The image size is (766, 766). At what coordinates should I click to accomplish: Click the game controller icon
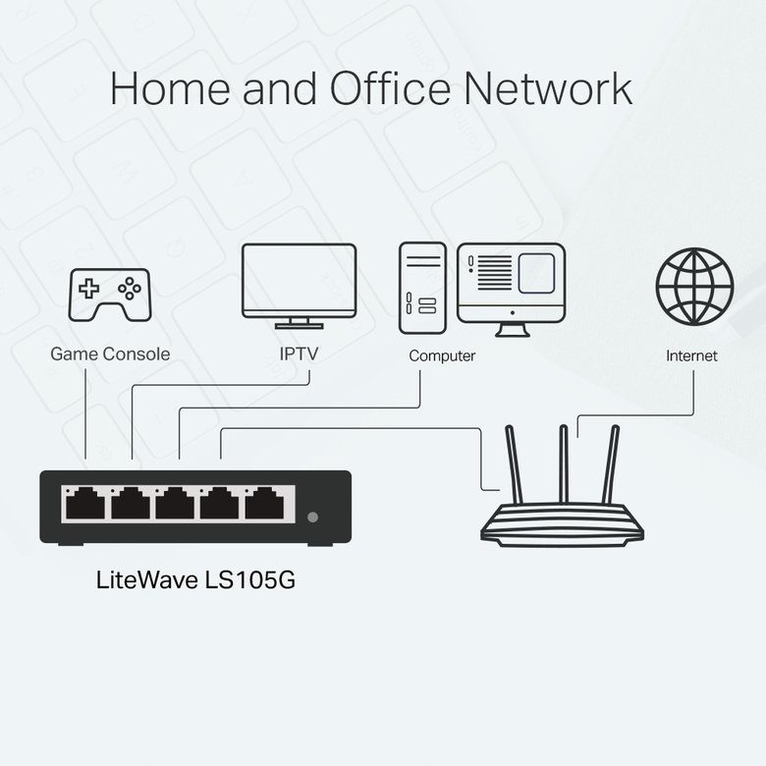point(109,292)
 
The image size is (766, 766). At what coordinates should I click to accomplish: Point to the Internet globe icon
point(694,285)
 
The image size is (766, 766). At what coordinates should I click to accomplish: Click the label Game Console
point(110,354)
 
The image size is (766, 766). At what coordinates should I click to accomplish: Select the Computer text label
point(442,356)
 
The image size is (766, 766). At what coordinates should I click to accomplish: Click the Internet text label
point(691,356)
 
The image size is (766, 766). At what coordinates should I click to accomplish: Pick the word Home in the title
point(167,88)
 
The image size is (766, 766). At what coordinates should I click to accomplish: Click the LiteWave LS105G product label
point(195,579)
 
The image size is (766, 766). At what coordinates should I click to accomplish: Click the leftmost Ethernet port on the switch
point(83,505)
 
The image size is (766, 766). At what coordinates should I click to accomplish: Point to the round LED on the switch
point(313,518)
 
